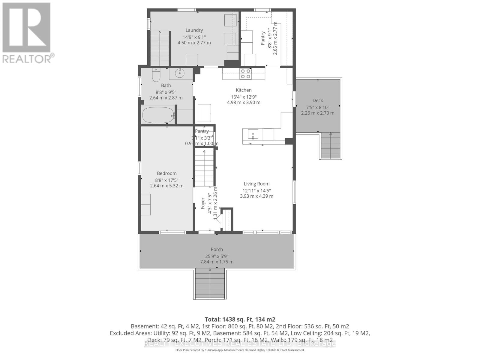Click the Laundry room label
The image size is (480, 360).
click(x=194, y=30)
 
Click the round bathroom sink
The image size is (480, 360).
click(x=180, y=73)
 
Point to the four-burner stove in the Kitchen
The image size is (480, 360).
click(x=245, y=74)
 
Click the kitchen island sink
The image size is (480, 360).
click(x=253, y=134)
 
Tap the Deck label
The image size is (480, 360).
click(x=318, y=100)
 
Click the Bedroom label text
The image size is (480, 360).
click(x=167, y=173)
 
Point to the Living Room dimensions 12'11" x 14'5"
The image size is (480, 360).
click(x=257, y=190)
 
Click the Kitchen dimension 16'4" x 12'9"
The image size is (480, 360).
click(x=244, y=97)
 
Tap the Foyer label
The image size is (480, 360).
click(x=203, y=203)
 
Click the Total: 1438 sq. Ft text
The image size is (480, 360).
click(x=240, y=319)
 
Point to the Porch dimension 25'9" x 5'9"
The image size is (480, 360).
click(x=217, y=256)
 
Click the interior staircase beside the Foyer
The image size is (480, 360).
click(x=205, y=168)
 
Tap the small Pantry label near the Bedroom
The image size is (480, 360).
click(x=202, y=131)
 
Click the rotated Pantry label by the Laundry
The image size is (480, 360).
click(x=263, y=38)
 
